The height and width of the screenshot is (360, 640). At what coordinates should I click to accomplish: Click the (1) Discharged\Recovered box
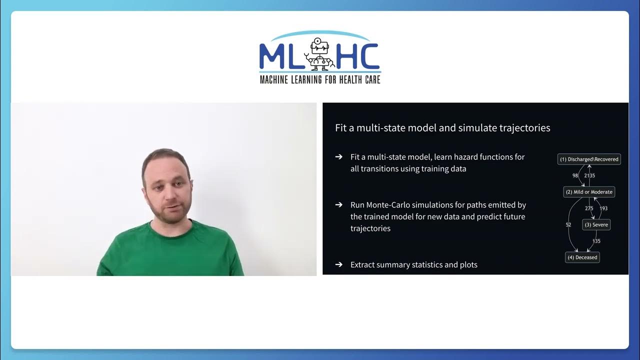[x=589, y=159]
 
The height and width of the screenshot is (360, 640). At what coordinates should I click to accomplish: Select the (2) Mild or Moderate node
[x=589, y=192]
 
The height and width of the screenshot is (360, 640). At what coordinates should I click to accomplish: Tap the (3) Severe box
[x=596, y=225]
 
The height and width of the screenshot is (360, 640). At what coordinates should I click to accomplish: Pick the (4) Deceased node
[x=582, y=257]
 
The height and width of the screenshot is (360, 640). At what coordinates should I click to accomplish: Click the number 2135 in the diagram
[x=589, y=176]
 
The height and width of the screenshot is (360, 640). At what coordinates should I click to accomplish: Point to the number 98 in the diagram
[x=575, y=176]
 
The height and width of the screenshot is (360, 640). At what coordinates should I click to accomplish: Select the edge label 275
[x=589, y=208]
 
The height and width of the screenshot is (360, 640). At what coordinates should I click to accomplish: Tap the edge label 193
[x=603, y=208]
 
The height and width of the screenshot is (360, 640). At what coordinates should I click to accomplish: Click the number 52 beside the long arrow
[x=568, y=225]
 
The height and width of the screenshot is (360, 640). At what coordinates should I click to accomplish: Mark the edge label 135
[x=596, y=241]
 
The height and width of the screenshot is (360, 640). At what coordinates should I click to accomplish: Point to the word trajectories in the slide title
[x=524, y=128]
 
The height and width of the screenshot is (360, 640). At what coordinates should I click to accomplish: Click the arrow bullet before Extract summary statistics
[x=339, y=264]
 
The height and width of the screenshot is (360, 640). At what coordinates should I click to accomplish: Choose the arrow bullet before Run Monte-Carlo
[x=339, y=205]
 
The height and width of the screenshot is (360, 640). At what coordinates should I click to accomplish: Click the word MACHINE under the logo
[x=273, y=79]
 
